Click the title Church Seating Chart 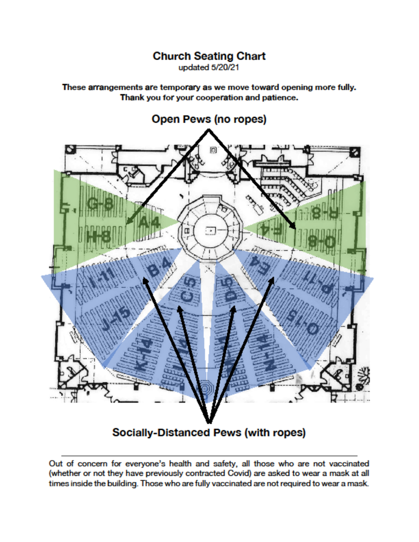pyautogui.click(x=209, y=56)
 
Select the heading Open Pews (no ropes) pyautogui.click(x=209, y=119)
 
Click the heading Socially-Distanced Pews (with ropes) pyautogui.click(x=209, y=432)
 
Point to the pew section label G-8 pyautogui.click(x=99, y=204)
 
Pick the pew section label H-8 pyautogui.click(x=99, y=237)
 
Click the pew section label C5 pyautogui.click(x=188, y=290)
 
